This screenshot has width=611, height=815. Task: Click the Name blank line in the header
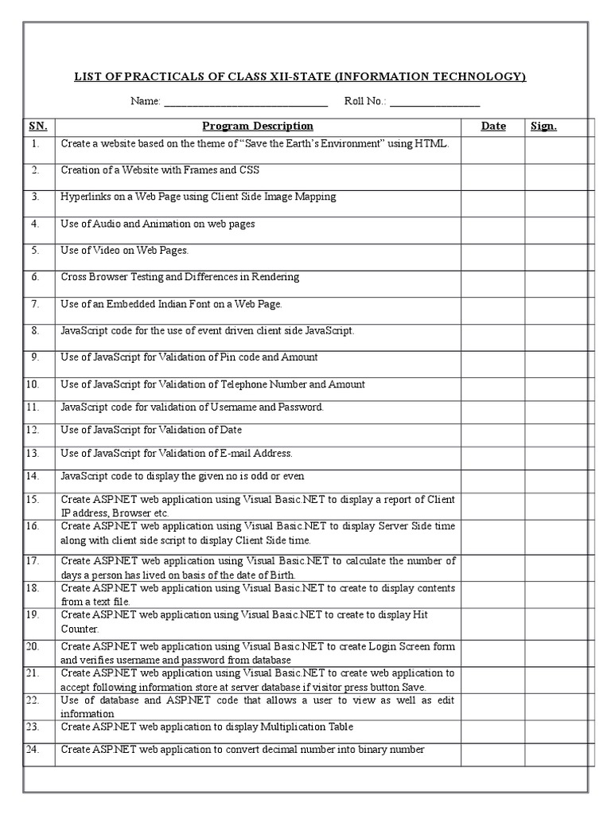tap(246, 103)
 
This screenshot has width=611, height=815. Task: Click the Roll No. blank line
tap(434, 103)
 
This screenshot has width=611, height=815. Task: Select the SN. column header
tap(38, 126)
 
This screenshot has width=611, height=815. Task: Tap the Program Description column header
tap(257, 126)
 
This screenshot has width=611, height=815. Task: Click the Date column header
tap(493, 126)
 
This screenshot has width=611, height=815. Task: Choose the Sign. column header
tap(543, 126)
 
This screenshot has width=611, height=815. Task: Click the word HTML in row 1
tap(431, 144)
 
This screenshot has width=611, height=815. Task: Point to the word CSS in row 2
tap(250, 170)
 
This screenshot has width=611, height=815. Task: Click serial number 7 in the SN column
tap(35, 304)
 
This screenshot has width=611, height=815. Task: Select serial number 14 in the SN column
tap(33, 476)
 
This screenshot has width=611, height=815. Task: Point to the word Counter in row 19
tap(78, 629)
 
